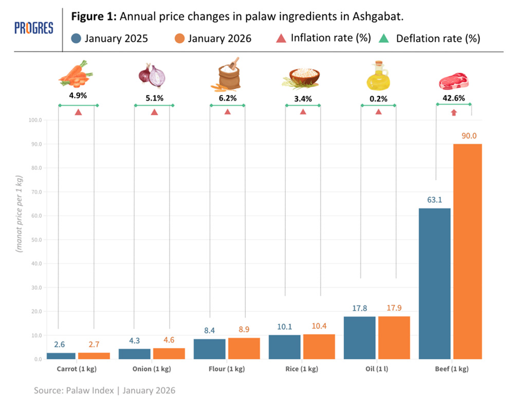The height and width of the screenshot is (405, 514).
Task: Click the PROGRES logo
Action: coord(34,28)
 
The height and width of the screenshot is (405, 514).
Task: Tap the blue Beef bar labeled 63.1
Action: coord(434,283)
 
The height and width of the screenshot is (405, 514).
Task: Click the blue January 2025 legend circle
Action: coord(76,39)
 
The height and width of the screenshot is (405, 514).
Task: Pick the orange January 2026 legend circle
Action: coord(179,39)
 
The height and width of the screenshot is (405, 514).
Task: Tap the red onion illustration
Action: coord(152,75)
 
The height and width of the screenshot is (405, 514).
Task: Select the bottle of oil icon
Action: coord(379,76)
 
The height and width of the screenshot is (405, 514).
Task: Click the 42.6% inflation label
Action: coord(454,97)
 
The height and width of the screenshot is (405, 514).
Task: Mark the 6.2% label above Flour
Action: coord(228,97)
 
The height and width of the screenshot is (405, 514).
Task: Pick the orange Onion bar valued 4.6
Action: coord(169,354)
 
